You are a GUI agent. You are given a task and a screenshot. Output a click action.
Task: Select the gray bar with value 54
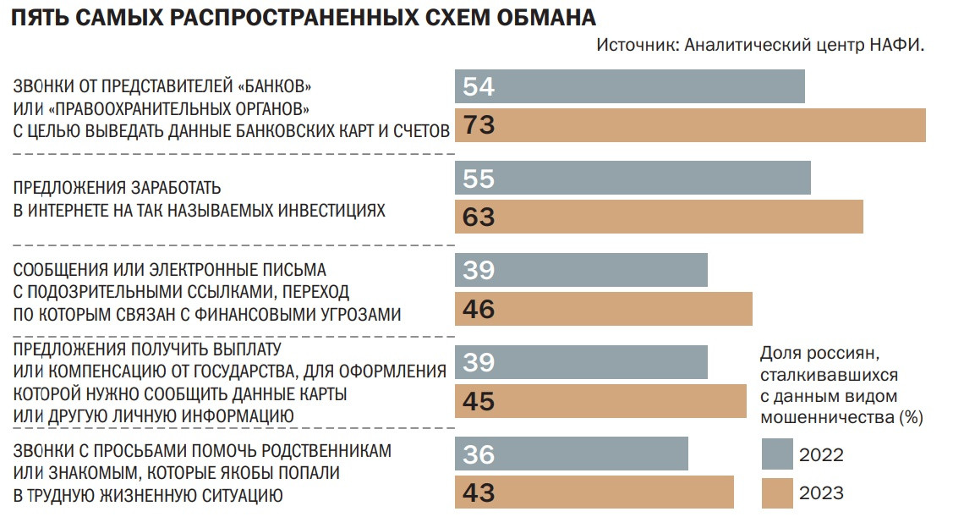(630, 86)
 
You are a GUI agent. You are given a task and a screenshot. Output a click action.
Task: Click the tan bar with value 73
(690, 125)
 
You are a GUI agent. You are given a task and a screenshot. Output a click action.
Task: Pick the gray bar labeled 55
(633, 179)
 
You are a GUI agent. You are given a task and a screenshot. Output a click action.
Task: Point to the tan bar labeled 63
(659, 217)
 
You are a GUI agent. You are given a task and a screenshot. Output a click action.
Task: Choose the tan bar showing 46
(604, 309)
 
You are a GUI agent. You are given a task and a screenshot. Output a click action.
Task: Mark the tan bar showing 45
(601, 401)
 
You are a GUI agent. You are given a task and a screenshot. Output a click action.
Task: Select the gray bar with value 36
(572, 454)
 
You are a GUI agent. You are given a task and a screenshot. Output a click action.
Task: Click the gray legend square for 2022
(776, 454)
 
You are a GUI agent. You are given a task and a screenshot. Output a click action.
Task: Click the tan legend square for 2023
(776, 492)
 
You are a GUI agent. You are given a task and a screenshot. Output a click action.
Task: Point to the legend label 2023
(821, 492)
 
